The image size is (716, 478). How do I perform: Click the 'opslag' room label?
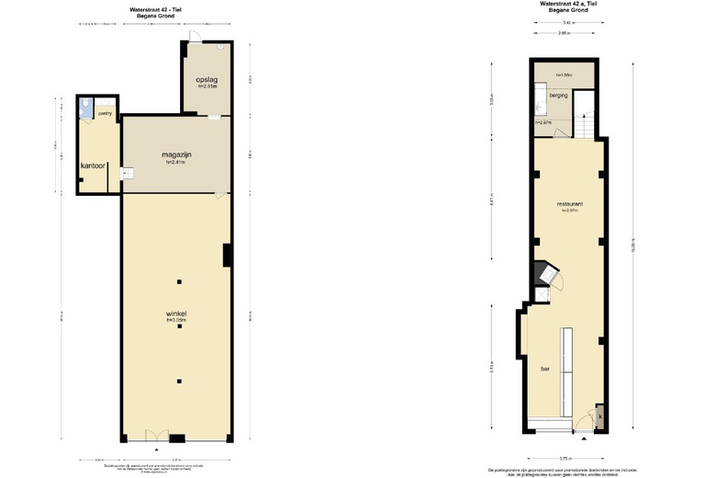coord(206,79)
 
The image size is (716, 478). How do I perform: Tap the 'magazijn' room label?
coord(175,154)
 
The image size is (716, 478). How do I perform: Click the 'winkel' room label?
coord(176,313)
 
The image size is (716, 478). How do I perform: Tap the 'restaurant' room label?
coord(570,203)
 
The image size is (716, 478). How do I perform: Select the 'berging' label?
coord(558,96)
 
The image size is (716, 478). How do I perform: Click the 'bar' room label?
coord(544,369)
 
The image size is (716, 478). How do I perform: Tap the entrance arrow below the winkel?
coord(158,450)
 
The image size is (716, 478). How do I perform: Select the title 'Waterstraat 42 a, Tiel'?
coord(569,4)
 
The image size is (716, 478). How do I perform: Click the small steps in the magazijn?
coord(129,172)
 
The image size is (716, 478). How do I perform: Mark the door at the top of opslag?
coord(195,38)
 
